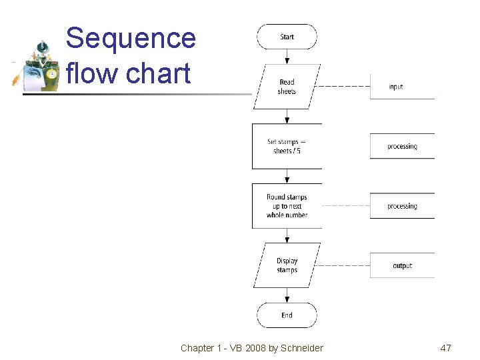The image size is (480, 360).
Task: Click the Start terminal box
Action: pyautogui.click(x=287, y=37)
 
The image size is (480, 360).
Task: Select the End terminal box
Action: pyautogui.click(x=287, y=315)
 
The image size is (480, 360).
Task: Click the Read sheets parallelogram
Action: pyautogui.click(x=287, y=87)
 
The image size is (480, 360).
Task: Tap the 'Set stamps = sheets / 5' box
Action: pyautogui.click(x=287, y=146)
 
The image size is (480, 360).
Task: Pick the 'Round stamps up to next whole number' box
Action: pyautogui.click(x=287, y=206)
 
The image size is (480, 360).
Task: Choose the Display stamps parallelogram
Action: pyautogui.click(x=287, y=265)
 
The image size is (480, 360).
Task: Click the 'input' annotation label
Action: pyautogui.click(x=396, y=87)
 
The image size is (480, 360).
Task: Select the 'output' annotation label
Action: pyautogui.click(x=402, y=265)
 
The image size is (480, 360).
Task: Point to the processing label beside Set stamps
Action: pyautogui.click(x=402, y=146)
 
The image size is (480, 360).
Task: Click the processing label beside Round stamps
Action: pyautogui.click(x=402, y=206)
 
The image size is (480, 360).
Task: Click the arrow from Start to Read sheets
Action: pyautogui.click(x=287, y=56)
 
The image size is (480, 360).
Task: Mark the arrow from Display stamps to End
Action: pyautogui.click(x=287, y=295)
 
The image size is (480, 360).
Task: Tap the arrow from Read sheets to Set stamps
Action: pyautogui.click(x=287, y=116)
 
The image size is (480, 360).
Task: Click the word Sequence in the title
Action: pyautogui.click(x=131, y=39)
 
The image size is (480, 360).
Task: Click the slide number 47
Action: pyautogui.click(x=445, y=348)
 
